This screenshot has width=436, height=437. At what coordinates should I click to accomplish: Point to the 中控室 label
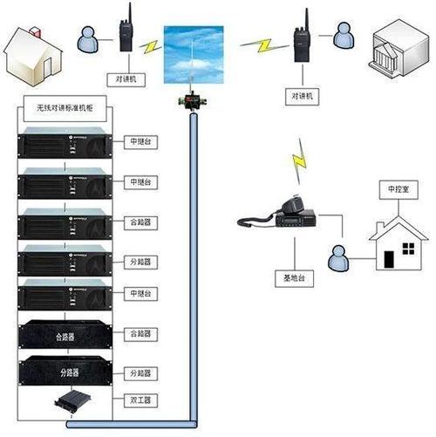[392, 188]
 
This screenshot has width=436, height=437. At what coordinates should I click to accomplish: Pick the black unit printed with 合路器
[67, 333]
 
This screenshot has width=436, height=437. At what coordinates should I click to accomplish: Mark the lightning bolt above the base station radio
[301, 159]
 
